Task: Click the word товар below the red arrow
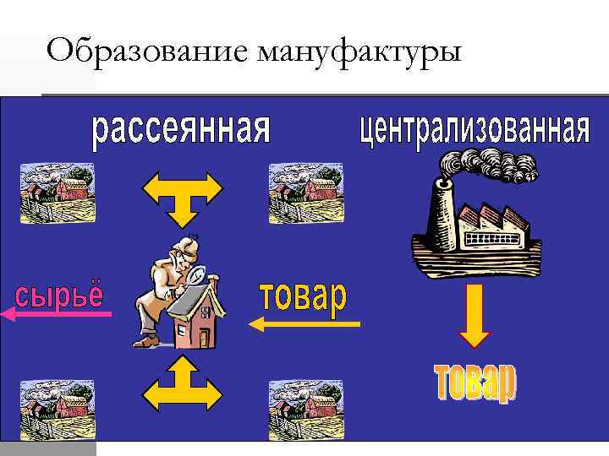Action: [475, 385]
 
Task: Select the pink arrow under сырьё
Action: [56, 314]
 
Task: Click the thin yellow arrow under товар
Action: [304, 323]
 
